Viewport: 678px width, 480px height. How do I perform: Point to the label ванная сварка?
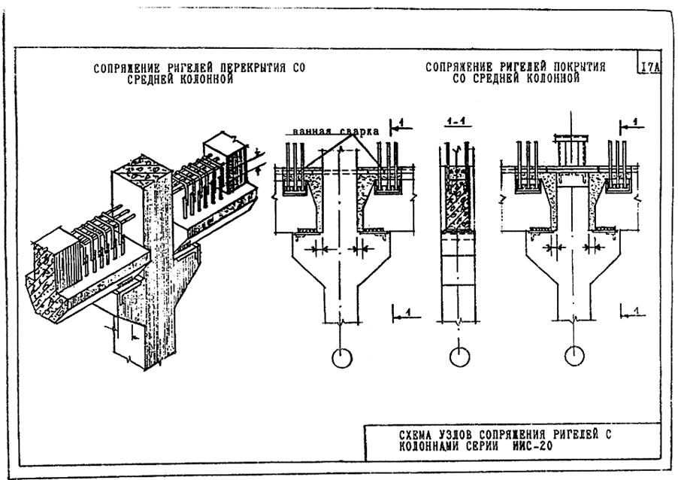(335, 131)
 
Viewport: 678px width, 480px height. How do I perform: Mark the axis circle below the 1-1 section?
(459, 357)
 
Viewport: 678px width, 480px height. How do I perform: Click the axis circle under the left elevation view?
(341, 358)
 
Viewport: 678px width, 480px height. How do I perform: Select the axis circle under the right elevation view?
(575, 356)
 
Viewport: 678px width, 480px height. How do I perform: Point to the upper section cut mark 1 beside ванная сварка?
(401, 126)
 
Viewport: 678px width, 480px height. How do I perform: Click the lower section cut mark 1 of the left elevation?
(407, 314)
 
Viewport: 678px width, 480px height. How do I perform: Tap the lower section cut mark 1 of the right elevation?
(633, 312)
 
